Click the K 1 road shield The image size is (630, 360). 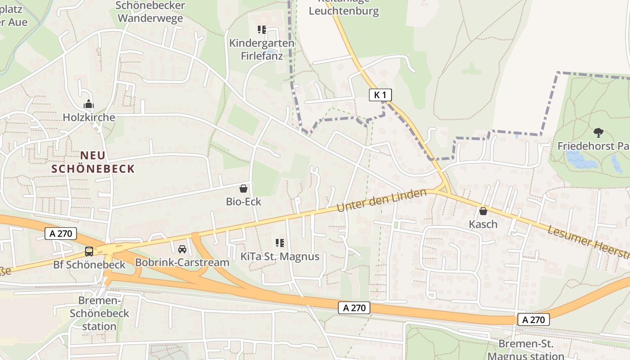point(380,94)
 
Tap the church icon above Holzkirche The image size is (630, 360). point(89,104)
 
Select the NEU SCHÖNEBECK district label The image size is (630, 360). point(93,162)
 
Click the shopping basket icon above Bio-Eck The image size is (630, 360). point(243,189)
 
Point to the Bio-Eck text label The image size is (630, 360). point(243,202)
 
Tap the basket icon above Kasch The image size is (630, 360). point(483,211)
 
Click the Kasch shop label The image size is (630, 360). point(483,224)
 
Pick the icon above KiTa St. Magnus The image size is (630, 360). point(280,243)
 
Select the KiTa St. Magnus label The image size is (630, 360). point(280,256)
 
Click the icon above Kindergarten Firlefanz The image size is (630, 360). point(262,30)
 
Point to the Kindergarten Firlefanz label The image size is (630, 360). point(262,49)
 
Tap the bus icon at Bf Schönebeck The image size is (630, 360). point(89,251)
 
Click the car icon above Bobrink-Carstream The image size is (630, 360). point(182,249)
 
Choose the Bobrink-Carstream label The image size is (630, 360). point(182,262)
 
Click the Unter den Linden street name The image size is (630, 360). point(382,201)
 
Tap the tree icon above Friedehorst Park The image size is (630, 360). point(598,133)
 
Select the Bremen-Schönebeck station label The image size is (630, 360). point(99,313)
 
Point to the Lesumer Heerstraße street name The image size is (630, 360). point(588,241)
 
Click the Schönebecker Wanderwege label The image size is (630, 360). point(150,12)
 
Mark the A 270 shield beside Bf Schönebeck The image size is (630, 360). point(61,234)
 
